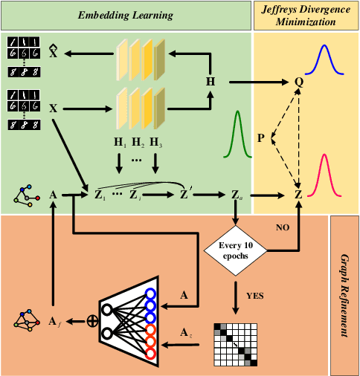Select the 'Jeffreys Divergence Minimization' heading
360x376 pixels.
[306, 14]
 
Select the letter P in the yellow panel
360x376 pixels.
[261, 138]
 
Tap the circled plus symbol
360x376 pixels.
[93, 322]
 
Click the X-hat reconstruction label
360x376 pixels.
[53, 53]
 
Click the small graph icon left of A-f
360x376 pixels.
[28, 321]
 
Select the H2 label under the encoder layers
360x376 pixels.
[136, 142]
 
